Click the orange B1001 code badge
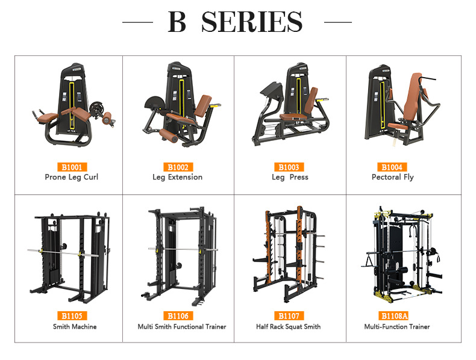(x=71, y=167)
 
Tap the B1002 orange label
(x=177, y=167)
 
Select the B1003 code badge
(x=290, y=167)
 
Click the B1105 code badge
(x=71, y=315)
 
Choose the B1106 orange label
(x=177, y=315)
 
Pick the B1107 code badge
(x=290, y=315)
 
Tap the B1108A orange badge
(x=394, y=315)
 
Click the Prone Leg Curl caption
(x=71, y=177)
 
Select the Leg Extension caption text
(x=177, y=177)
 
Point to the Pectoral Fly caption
(x=392, y=177)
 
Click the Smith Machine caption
(x=74, y=326)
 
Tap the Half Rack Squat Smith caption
(x=288, y=326)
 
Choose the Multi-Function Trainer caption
(x=396, y=326)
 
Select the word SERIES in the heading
(x=252, y=22)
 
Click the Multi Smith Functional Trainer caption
(x=181, y=326)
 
